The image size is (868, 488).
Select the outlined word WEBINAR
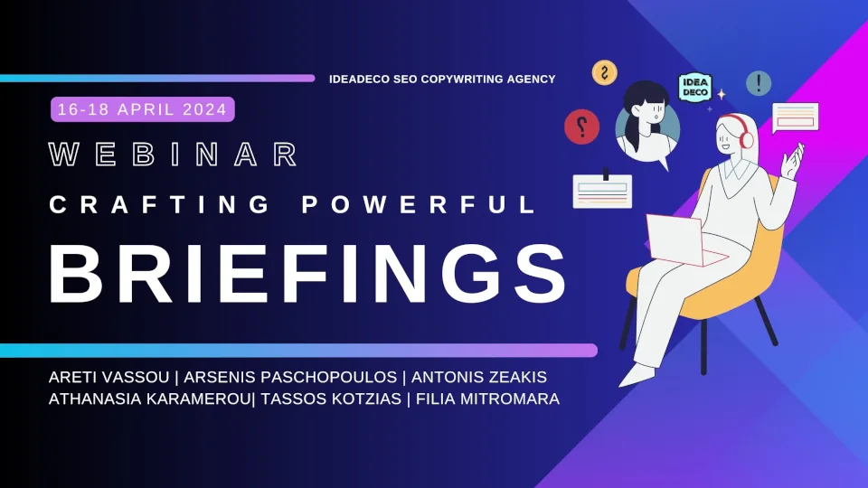click(173, 155)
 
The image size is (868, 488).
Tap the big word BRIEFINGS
click(307, 274)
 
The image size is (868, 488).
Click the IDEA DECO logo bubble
click(695, 88)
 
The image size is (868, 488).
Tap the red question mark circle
click(581, 127)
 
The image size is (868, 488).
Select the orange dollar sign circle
click(604, 72)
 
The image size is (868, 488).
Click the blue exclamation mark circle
click(759, 83)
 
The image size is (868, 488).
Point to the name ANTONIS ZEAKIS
click(479, 376)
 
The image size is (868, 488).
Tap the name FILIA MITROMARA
click(488, 399)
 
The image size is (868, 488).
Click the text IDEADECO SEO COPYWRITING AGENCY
click(442, 80)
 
